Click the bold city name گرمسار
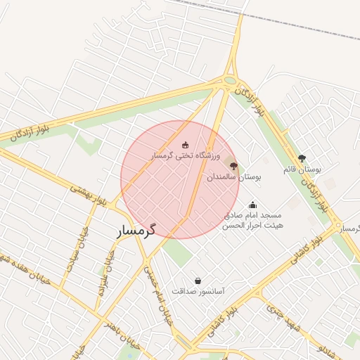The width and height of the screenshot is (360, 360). pos(137,230)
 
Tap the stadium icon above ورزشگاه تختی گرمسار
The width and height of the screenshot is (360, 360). pos(185,144)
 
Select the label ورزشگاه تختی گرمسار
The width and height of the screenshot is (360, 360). pos(185,154)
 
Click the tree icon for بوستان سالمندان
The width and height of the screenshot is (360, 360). pos(233,167)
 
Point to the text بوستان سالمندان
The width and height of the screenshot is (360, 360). pos(233,178)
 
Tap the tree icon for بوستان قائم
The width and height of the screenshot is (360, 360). pos(302,159)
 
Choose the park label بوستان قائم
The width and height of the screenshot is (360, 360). pos(302,169)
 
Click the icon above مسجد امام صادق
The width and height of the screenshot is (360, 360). pos(252,205)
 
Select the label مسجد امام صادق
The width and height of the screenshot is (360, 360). pos(253,215)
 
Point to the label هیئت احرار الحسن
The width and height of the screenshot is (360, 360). pos(252,226)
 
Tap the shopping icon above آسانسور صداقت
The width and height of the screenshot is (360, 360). pos(198,281)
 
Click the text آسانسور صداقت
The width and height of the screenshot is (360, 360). pos(198,291)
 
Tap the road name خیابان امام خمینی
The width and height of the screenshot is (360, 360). pos(158,292)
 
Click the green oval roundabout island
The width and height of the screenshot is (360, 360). pos(231,80)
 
